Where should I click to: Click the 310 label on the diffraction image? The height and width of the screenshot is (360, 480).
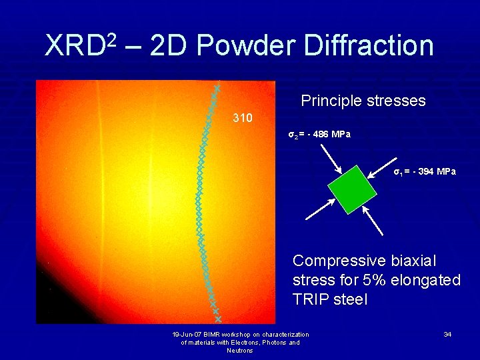(x=242, y=118)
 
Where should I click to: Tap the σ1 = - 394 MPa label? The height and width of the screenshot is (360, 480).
(x=425, y=172)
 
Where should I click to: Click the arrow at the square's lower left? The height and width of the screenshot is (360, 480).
(x=321, y=208)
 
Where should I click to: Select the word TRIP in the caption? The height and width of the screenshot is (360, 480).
(x=312, y=300)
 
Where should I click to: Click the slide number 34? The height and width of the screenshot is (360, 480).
(x=447, y=333)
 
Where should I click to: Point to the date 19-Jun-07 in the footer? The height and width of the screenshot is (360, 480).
(x=189, y=334)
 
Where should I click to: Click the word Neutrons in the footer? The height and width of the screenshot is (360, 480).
(x=240, y=351)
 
